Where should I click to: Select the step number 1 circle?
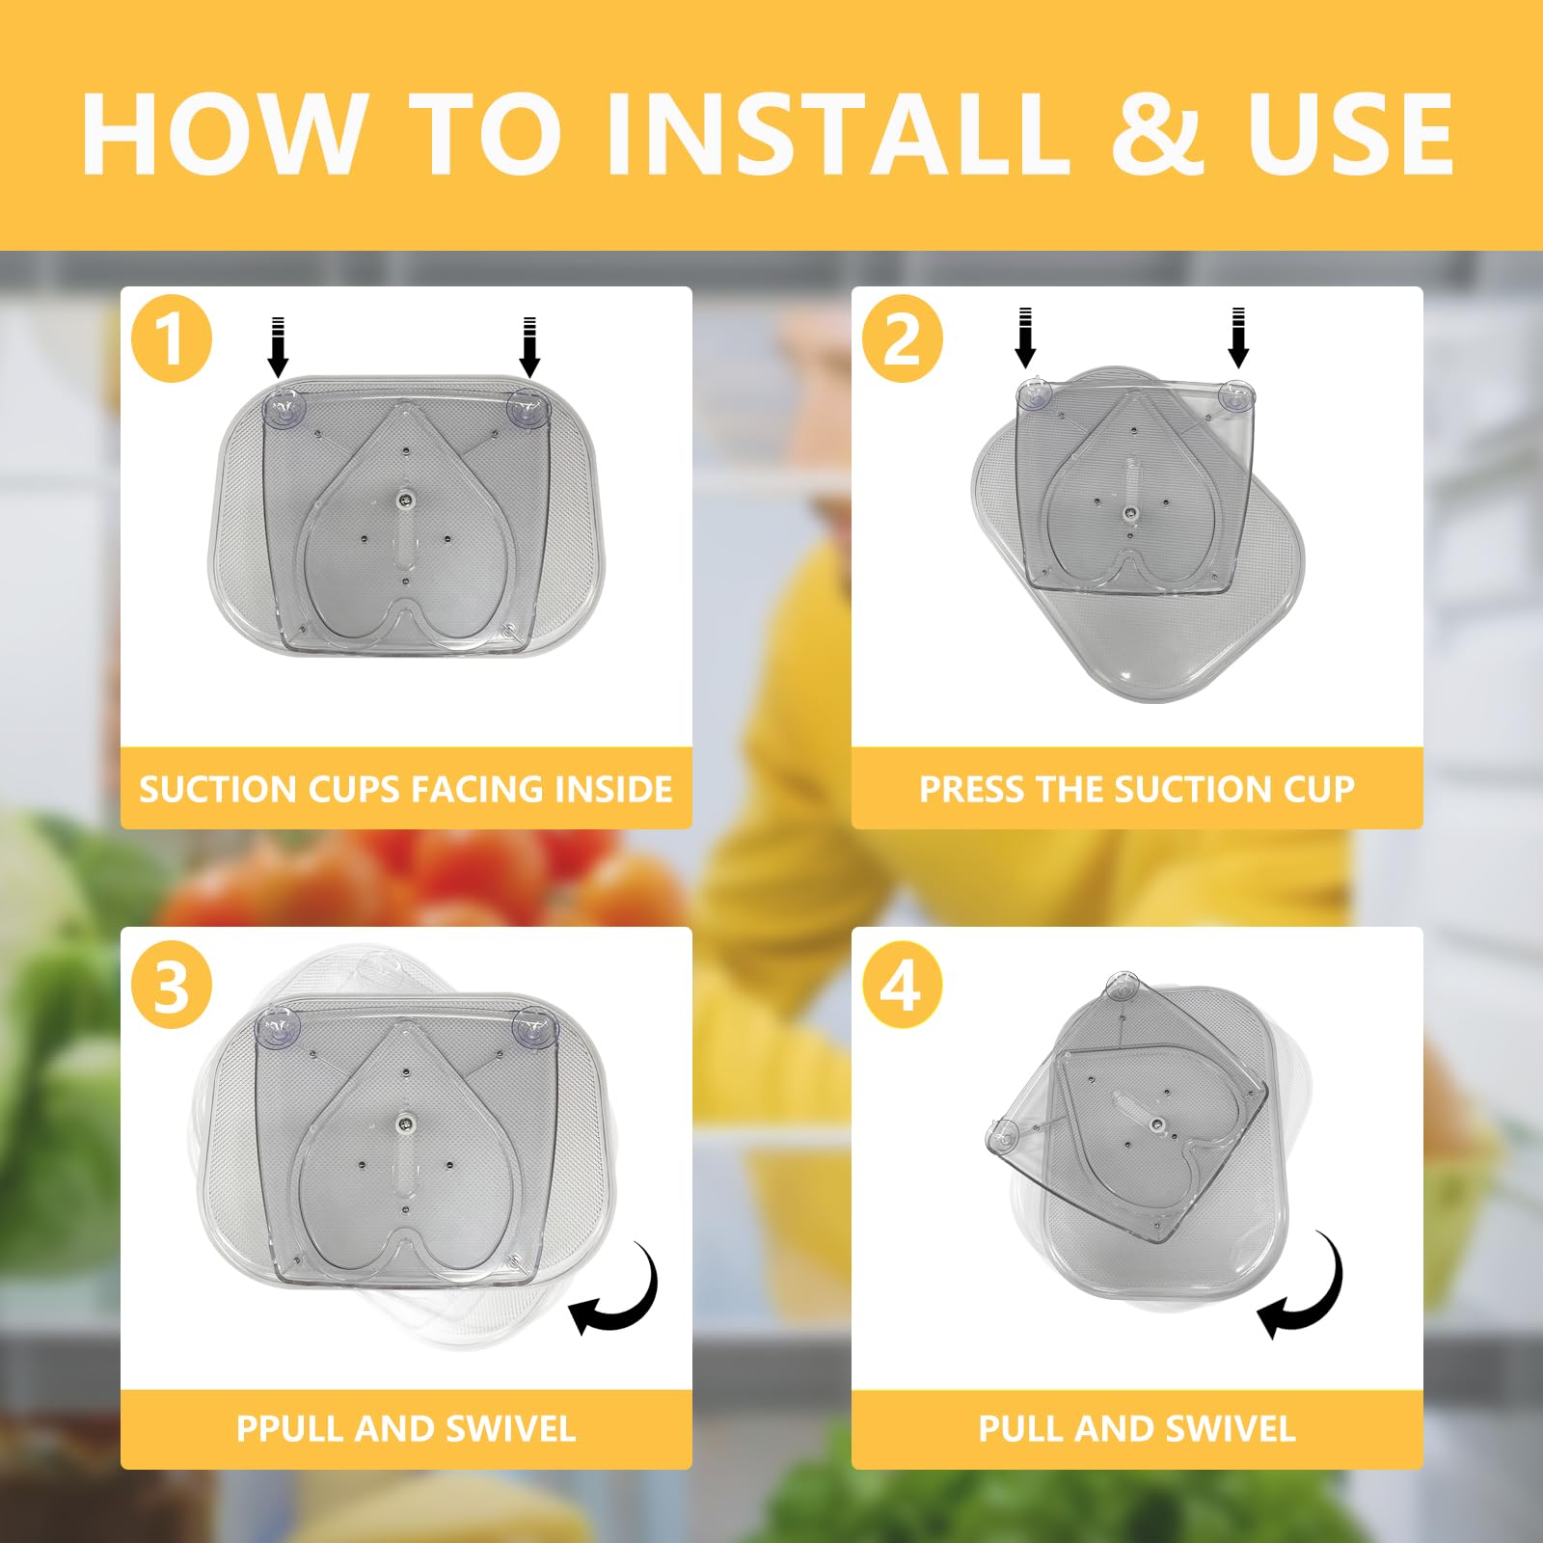[172, 338]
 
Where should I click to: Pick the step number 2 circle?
[903, 338]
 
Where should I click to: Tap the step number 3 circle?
[172, 986]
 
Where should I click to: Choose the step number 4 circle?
[903, 986]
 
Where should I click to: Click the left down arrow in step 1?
[278, 346]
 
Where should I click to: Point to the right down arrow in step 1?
[528, 346]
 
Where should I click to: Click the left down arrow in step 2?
[1025, 338]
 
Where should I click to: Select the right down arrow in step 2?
[1238, 338]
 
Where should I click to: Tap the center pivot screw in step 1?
[406, 500]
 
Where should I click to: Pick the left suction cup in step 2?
[1034, 393]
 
